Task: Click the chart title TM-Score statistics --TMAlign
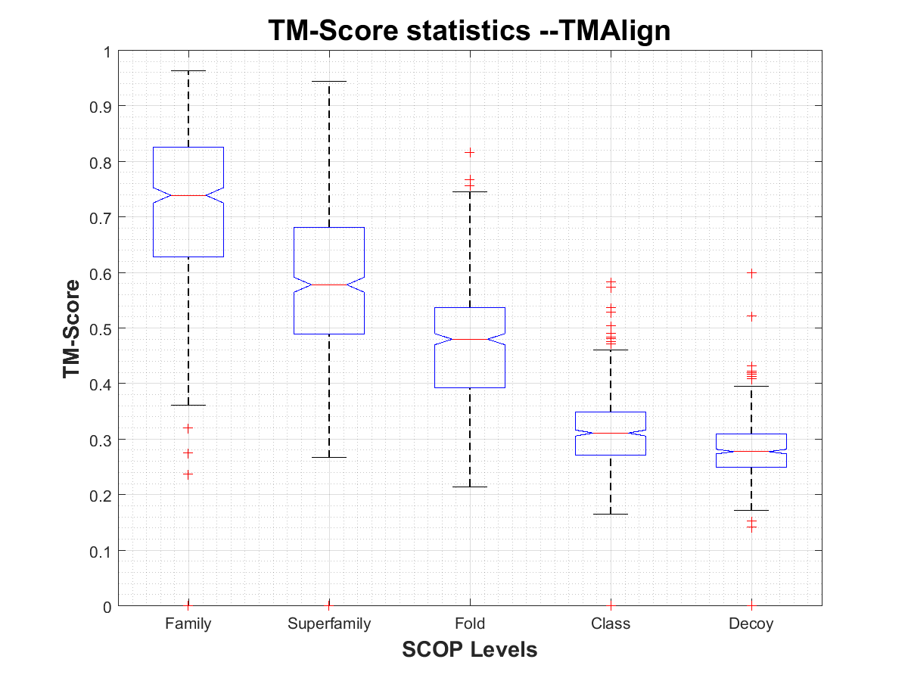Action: coord(470,31)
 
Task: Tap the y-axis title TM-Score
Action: coord(73,328)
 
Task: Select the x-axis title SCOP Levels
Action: coord(470,649)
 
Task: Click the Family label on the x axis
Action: coord(188,624)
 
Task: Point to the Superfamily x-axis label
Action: coord(329,624)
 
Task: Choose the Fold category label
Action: coord(470,624)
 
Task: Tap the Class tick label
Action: coord(611,624)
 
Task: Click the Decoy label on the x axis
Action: coord(751,624)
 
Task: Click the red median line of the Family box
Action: coord(188,195)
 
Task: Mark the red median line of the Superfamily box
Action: coord(329,285)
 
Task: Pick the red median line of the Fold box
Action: coord(470,339)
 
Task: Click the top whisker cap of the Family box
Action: coord(188,70)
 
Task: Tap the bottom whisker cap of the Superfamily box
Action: coord(329,457)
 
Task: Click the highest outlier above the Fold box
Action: coord(470,152)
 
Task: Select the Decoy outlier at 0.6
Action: coord(751,272)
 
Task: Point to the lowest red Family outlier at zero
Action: coord(188,605)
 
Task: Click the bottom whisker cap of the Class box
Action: coord(611,514)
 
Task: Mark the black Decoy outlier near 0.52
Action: coord(751,316)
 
